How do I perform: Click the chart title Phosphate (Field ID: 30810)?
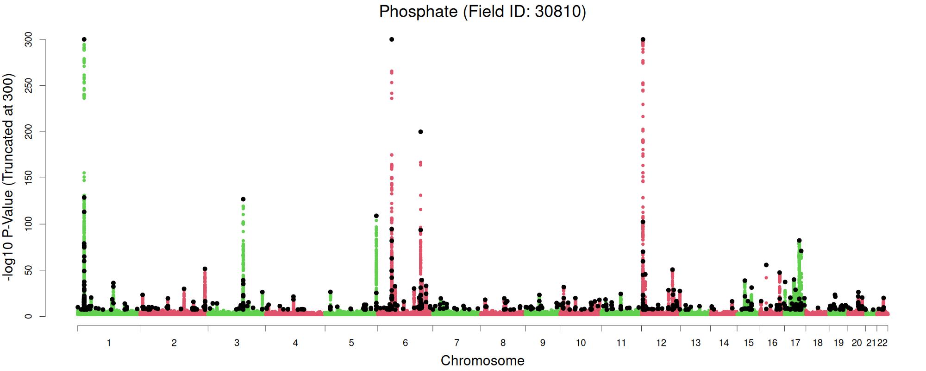click(482, 12)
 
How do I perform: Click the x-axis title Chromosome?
click(482, 361)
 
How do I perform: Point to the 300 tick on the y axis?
click(29, 40)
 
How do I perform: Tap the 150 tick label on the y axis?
click(29, 178)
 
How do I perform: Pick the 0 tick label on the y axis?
click(29, 316)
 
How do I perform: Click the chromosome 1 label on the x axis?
click(109, 343)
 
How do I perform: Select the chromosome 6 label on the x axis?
click(405, 343)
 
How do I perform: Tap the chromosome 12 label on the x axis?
click(661, 343)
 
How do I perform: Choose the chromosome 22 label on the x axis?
click(882, 343)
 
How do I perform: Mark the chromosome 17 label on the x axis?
click(795, 343)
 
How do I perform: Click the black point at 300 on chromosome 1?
click(84, 39)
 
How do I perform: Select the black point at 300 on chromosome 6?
click(392, 39)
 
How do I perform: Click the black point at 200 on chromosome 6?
click(420, 132)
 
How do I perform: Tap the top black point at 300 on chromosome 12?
click(643, 39)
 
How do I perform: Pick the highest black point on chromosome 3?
click(243, 199)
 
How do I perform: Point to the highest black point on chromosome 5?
click(376, 216)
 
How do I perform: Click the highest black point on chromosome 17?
click(799, 241)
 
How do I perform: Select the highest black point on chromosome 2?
click(205, 269)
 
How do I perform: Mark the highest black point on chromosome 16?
click(766, 265)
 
